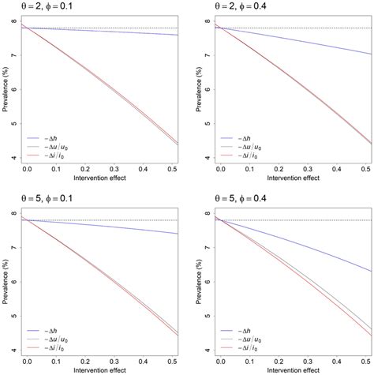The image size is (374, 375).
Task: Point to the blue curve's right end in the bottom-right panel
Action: [x=370, y=272]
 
